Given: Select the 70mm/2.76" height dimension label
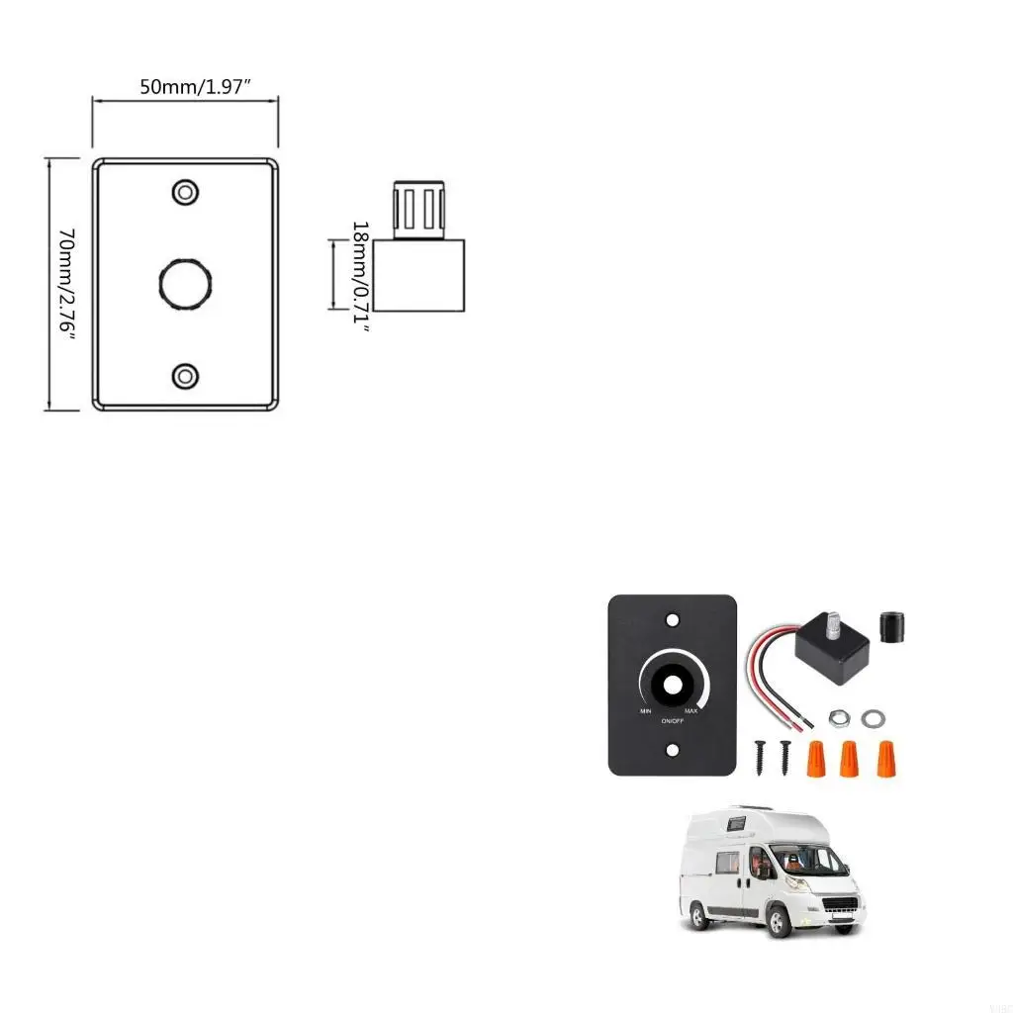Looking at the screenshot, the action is pyautogui.click(x=66, y=284).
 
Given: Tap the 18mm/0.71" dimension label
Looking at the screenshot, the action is pyautogui.click(x=361, y=277).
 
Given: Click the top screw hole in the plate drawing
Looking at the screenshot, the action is pyautogui.click(x=185, y=192).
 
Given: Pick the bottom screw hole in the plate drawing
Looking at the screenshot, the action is pyautogui.click(x=185, y=376).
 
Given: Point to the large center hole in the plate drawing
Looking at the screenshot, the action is pyautogui.click(x=185, y=284).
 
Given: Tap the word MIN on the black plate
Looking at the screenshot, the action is pyautogui.click(x=645, y=712).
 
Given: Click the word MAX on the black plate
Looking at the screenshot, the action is pyautogui.click(x=691, y=712).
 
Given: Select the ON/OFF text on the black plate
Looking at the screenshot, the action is pyautogui.click(x=672, y=721).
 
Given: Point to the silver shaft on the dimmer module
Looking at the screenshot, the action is pyautogui.click(x=833, y=626).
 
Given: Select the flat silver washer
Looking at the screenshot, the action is pyautogui.click(x=875, y=715).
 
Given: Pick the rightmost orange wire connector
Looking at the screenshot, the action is pyautogui.click(x=885, y=758).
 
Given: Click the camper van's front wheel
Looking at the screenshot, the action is pyautogui.click(x=780, y=921).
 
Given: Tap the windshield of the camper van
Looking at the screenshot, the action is pyautogui.click(x=808, y=860).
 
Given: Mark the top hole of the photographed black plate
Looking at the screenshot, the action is pyautogui.click(x=673, y=620).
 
